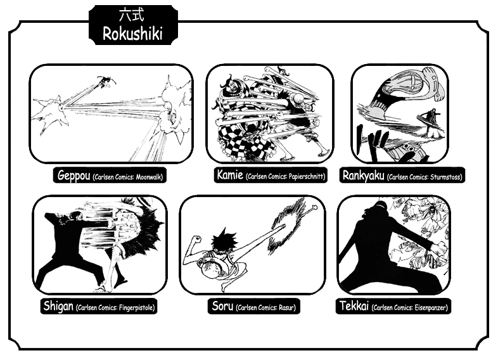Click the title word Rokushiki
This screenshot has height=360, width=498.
133,34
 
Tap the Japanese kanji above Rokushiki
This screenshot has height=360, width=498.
131,15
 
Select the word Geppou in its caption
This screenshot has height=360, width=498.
73,175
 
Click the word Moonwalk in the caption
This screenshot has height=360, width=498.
149,177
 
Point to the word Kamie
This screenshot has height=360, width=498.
230,174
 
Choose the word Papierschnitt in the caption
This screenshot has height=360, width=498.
307,177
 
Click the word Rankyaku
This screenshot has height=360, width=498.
363,176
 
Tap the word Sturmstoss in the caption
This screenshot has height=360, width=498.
446,177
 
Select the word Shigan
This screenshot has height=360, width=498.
58,306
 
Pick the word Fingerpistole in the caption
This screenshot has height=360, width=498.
137,307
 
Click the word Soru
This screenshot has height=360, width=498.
222,306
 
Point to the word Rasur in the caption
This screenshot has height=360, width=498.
287,307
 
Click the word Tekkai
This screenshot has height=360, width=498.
354,306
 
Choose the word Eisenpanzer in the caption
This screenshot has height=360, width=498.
431,307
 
